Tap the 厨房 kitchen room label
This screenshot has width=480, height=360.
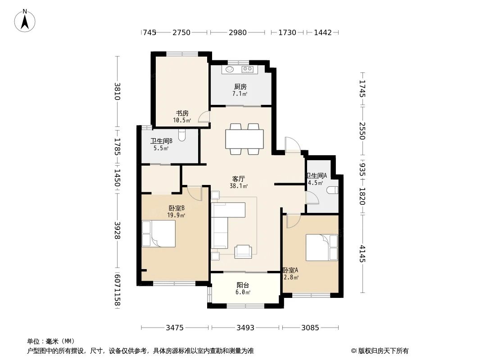click(240, 87)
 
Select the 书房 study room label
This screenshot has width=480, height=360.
click(182, 113)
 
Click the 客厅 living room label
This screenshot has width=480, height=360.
click(239, 179)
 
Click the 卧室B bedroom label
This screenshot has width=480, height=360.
click(177, 208)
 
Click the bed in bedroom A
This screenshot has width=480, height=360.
click(322, 247)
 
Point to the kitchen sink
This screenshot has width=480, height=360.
click(230, 69)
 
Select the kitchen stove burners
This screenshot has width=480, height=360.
click(248, 69)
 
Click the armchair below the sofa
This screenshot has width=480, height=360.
click(244, 251)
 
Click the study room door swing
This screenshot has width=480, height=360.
click(204, 117)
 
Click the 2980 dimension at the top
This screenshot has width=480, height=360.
click(237, 32)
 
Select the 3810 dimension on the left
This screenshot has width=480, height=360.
click(118, 91)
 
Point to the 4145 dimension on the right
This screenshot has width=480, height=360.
click(362, 253)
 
